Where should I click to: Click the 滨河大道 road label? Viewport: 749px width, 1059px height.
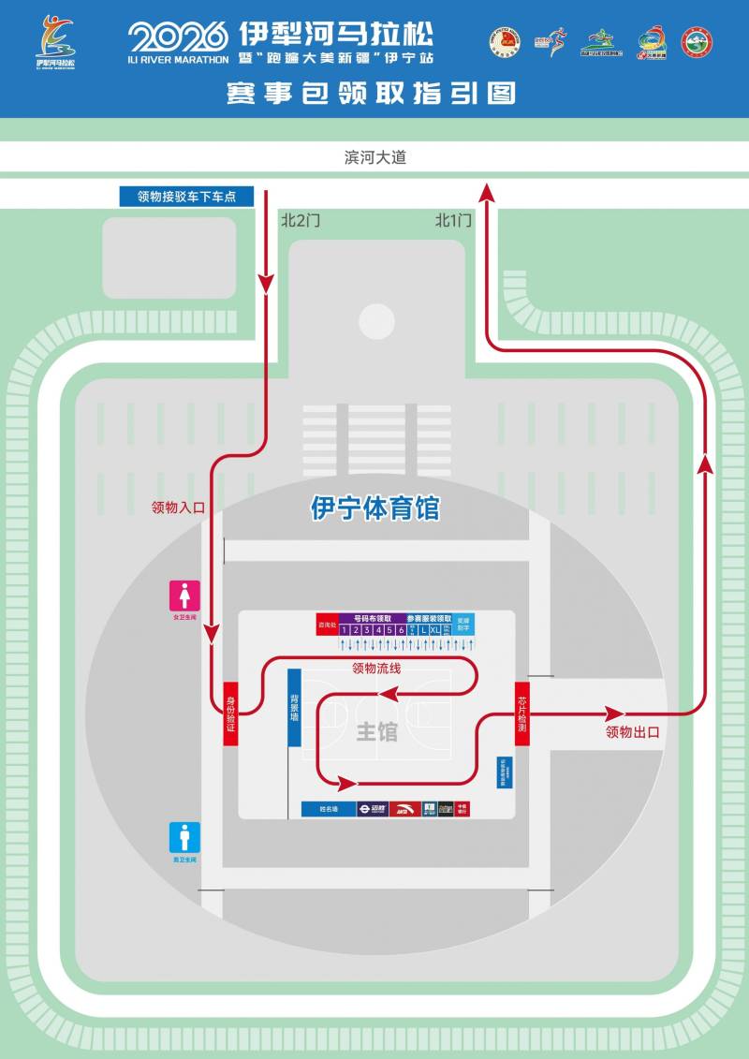pos(374,158)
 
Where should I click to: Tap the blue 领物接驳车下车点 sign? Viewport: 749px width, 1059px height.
pos(186,197)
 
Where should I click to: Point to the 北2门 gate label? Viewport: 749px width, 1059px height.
pos(301,221)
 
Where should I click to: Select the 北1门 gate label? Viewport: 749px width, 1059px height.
pos(453,221)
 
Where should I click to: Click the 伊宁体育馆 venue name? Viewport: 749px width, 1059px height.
pos(374,508)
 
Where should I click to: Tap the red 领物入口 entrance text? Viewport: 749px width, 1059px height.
pos(178,507)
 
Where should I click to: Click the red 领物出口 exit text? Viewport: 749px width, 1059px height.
pos(633,732)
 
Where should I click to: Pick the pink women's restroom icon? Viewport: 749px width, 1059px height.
pos(184,596)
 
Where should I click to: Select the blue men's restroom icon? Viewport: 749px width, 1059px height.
pos(184,837)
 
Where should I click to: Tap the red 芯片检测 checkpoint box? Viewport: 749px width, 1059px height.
pos(522,714)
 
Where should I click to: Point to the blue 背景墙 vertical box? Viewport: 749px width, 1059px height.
pos(294,708)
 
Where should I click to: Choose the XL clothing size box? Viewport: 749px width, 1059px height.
pos(435,631)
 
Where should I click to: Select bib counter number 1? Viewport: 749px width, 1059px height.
pos(344,631)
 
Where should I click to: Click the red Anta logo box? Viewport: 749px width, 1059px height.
pos(404,809)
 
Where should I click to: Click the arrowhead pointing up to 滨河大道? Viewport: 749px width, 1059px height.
pos(486,192)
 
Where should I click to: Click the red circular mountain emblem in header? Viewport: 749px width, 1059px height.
pos(697,42)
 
